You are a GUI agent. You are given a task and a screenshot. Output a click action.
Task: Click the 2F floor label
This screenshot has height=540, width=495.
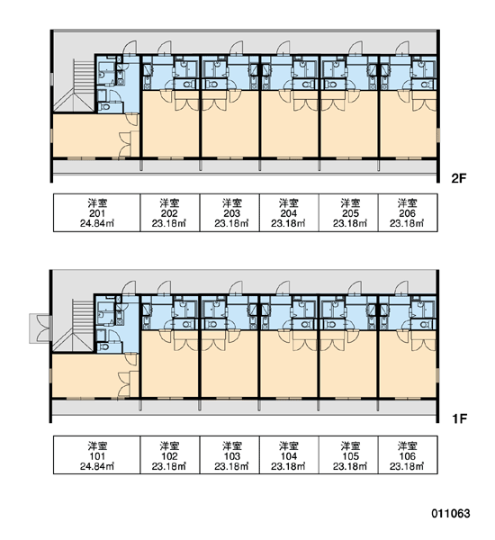(459, 178)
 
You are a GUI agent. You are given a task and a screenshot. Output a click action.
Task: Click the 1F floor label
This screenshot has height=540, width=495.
(460, 418)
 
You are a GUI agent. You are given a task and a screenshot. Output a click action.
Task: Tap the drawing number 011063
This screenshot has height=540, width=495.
(451, 514)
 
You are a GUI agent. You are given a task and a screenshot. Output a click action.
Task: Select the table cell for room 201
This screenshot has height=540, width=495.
(97, 212)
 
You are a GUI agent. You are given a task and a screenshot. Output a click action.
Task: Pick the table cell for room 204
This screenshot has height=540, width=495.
(289, 212)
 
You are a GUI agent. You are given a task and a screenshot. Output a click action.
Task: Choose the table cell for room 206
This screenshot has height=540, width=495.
(408, 212)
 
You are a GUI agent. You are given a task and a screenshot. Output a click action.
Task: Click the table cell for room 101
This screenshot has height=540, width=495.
(97, 454)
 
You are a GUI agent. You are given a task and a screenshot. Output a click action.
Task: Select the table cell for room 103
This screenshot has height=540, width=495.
(229, 454)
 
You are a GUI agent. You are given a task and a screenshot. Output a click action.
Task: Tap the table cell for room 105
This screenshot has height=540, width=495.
(348, 454)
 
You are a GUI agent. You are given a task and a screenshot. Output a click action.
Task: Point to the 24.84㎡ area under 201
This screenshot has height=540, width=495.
(97, 223)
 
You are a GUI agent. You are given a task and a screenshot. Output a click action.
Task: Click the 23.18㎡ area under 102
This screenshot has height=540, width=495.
(169, 466)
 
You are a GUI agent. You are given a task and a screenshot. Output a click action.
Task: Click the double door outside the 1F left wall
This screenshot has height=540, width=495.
(40, 328)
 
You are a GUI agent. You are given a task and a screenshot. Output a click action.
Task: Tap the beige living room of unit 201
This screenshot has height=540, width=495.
(91, 135)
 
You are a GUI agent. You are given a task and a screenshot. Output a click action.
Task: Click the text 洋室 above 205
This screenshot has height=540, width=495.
(350, 202)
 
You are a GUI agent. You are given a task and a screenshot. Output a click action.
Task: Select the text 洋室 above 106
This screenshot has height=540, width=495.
(408, 445)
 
